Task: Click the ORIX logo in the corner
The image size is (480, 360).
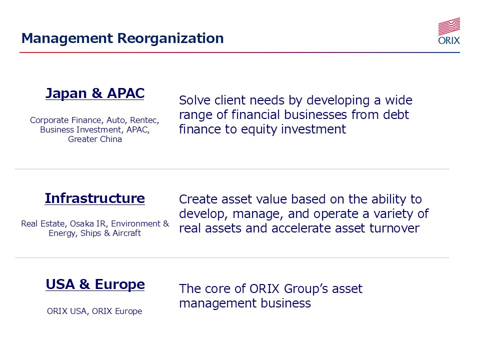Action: point(449,31)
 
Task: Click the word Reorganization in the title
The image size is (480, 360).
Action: point(170,38)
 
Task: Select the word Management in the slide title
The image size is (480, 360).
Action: point(67,39)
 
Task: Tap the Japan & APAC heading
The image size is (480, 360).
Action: point(95,93)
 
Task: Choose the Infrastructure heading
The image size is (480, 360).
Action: point(95,198)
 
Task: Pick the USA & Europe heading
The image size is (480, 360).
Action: point(95,284)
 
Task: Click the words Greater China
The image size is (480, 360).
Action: point(95,139)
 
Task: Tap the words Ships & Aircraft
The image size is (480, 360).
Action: point(111,233)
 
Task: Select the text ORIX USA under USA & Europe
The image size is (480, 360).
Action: point(67,311)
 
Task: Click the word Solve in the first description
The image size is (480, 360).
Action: point(195,100)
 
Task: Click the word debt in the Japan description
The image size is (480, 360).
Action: point(396,115)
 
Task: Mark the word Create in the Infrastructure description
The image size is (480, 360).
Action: point(198,199)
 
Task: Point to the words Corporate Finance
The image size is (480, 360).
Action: point(65,120)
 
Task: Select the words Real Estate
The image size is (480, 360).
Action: point(43,224)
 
